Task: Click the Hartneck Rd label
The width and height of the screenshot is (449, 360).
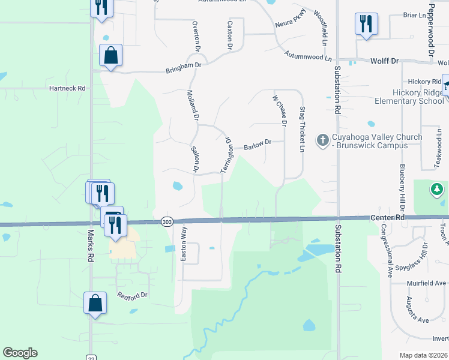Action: click(x=67, y=88)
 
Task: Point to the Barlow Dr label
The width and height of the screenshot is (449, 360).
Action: click(x=258, y=145)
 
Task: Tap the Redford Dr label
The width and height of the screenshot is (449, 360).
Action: click(x=132, y=295)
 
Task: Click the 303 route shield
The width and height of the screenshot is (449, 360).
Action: click(x=167, y=222)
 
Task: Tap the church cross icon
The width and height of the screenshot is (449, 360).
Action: click(x=322, y=140)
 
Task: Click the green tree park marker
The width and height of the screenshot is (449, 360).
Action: click(x=438, y=190)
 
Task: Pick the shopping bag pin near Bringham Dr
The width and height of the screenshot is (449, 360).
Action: click(x=111, y=56)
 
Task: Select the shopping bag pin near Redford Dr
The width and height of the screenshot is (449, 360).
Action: click(x=95, y=303)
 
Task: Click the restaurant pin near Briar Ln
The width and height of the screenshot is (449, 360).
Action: click(x=366, y=24)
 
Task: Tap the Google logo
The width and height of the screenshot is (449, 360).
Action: click(x=20, y=353)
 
